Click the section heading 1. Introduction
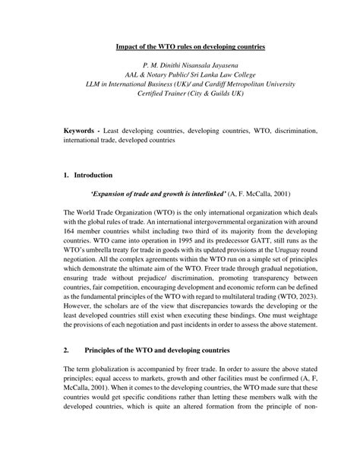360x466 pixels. (x=89, y=174)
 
